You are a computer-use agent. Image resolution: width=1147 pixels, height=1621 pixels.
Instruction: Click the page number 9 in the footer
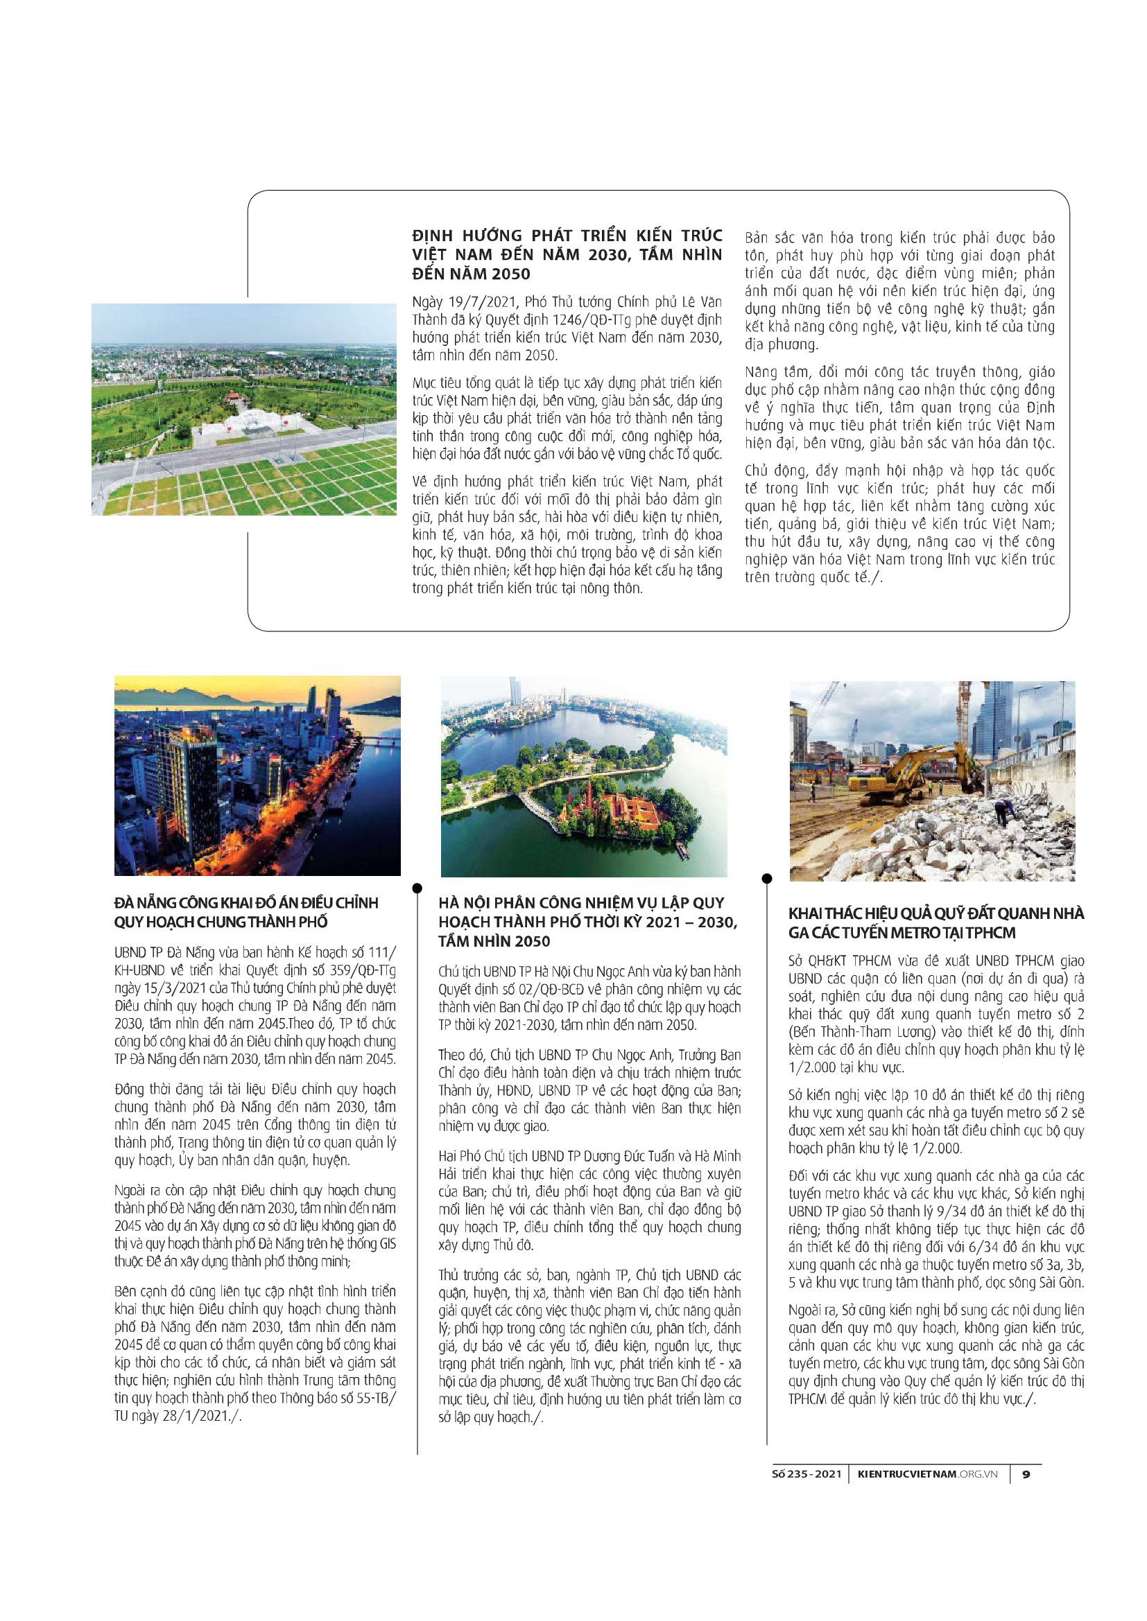pyautogui.click(x=1026, y=1474)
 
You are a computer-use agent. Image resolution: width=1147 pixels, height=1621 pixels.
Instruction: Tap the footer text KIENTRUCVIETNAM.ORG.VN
pyautogui.click(x=927, y=1474)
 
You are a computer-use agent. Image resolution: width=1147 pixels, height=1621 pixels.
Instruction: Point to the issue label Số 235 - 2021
pyautogui.click(x=807, y=1474)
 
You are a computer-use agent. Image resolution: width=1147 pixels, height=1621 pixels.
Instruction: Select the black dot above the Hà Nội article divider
pyautogui.click(x=417, y=888)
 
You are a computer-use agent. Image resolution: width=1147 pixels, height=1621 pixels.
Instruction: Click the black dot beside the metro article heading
pyautogui.click(x=767, y=879)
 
